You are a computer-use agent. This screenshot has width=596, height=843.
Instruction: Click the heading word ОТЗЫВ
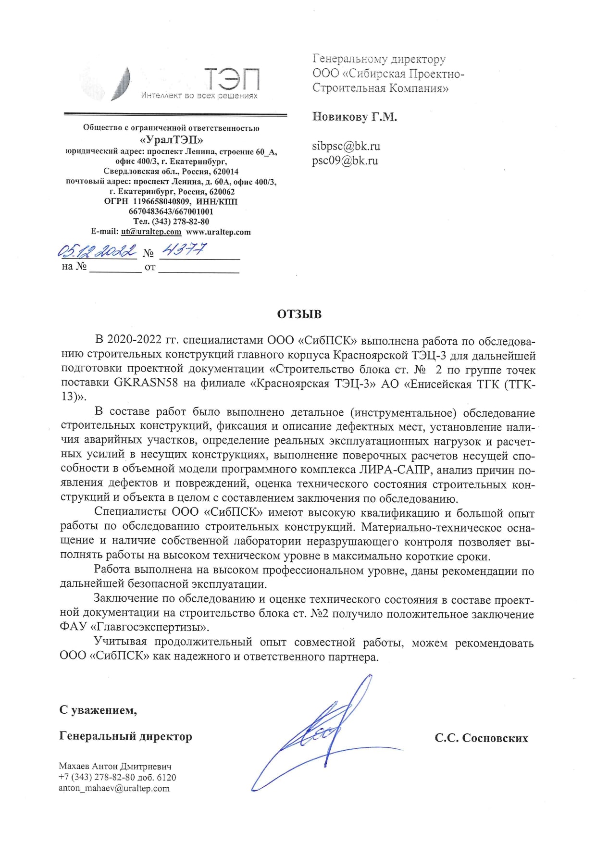click(299, 314)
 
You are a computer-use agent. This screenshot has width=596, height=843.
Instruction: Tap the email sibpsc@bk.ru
click(346, 146)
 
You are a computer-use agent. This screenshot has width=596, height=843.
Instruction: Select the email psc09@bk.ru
click(345, 161)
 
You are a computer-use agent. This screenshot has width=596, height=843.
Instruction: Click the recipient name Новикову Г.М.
click(354, 117)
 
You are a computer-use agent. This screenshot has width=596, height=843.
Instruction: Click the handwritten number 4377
click(184, 249)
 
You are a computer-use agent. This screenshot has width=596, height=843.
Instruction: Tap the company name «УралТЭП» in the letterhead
click(171, 140)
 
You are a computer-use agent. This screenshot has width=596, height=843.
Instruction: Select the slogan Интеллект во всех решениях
click(199, 96)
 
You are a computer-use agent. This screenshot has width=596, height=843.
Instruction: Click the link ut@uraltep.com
click(151, 232)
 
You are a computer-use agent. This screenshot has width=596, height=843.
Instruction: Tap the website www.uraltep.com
click(218, 232)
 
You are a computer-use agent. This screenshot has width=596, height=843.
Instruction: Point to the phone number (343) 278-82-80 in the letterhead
click(180, 222)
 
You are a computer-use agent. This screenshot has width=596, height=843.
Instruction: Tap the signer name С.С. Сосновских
click(481, 738)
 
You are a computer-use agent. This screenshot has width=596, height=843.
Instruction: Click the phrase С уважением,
click(98, 710)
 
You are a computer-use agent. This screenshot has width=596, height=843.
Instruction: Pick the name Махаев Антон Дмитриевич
click(115, 766)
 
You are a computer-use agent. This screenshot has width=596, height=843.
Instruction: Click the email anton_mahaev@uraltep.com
click(114, 788)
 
